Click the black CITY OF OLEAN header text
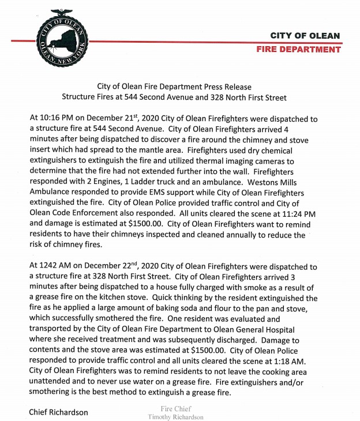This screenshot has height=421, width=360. click(305, 36)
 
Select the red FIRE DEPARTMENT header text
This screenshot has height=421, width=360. click(299, 50)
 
